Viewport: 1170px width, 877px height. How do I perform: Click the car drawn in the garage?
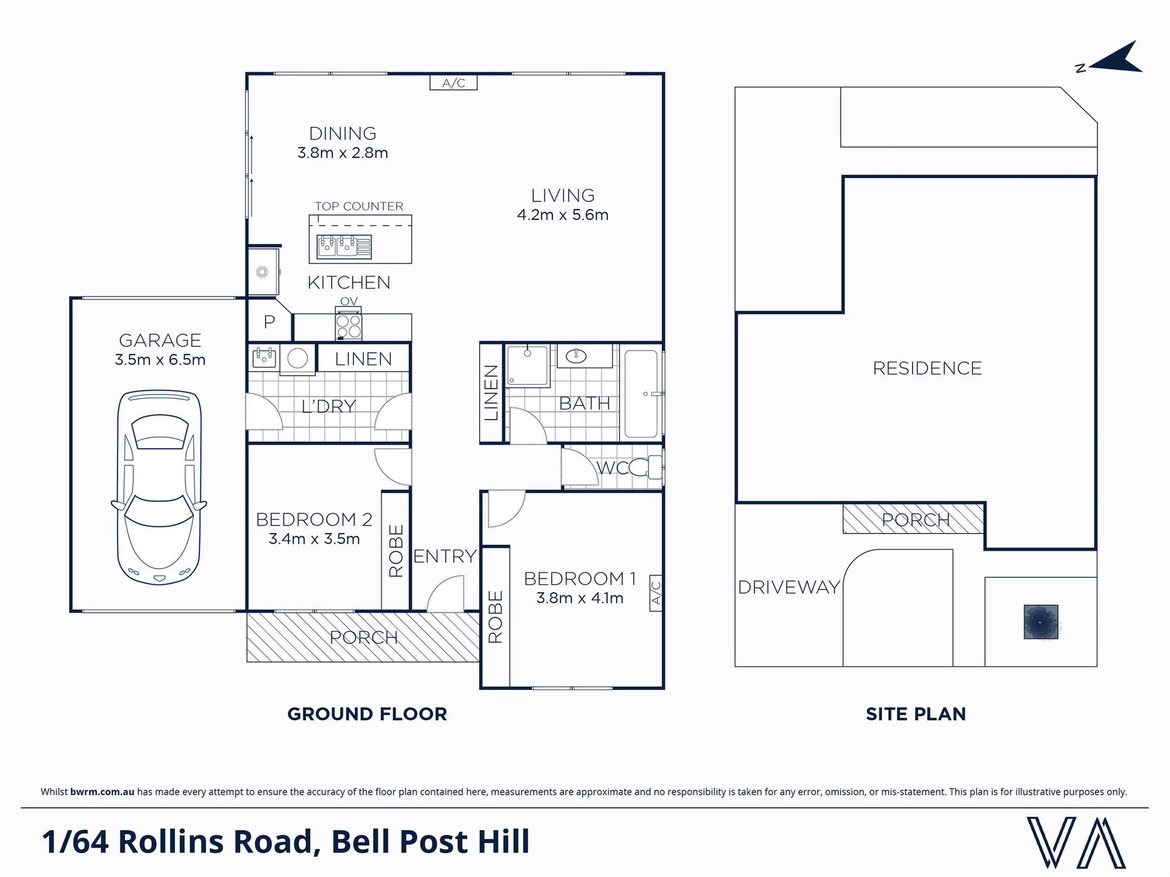[159, 487]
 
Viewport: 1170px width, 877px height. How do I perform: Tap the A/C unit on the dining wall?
[453, 82]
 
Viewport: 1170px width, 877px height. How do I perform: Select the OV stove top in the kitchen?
[349, 326]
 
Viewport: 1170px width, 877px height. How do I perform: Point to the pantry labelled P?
[269, 321]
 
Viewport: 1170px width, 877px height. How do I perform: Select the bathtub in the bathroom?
[642, 394]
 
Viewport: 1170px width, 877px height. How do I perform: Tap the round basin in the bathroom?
[576, 356]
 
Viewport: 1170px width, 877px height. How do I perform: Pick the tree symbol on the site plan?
[1041, 622]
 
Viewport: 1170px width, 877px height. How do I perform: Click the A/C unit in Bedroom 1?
[656, 593]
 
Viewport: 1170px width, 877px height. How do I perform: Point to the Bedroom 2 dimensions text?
[314, 539]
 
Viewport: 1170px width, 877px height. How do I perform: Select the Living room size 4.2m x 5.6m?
[563, 215]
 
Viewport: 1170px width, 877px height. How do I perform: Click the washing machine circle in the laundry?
[297, 358]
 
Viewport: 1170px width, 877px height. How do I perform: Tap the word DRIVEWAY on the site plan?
[789, 587]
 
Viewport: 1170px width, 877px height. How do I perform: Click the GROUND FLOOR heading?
[367, 714]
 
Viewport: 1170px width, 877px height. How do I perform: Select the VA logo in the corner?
[1076, 842]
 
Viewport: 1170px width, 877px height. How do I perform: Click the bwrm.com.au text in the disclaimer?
[102, 792]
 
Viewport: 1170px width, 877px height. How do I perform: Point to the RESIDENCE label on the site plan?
[927, 368]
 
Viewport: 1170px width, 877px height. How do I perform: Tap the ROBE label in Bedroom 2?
[396, 551]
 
